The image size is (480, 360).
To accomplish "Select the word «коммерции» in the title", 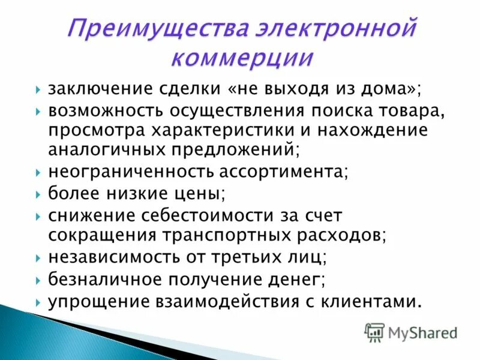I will click(242, 59).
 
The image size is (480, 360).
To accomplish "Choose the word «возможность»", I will click(101, 111).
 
